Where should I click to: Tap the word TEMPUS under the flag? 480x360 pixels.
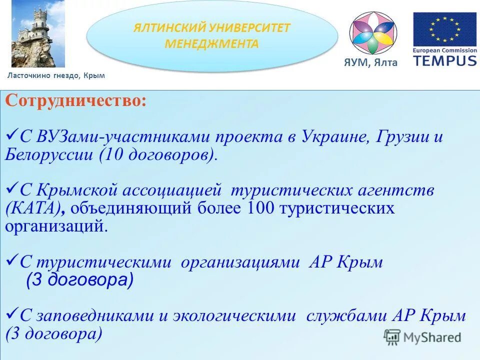pyautogui.click(x=444, y=60)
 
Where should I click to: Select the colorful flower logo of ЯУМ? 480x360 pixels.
pyautogui.click(x=372, y=33)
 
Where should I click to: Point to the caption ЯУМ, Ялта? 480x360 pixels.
pyautogui.click(x=370, y=62)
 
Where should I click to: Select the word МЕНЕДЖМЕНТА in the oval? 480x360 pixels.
pyautogui.click(x=211, y=44)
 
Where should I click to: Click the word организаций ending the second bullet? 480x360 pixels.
pyautogui.click(x=55, y=225)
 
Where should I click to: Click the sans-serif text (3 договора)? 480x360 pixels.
pyautogui.click(x=79, y=280)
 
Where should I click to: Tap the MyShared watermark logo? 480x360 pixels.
pyautogui.click(x=422, y=337)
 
